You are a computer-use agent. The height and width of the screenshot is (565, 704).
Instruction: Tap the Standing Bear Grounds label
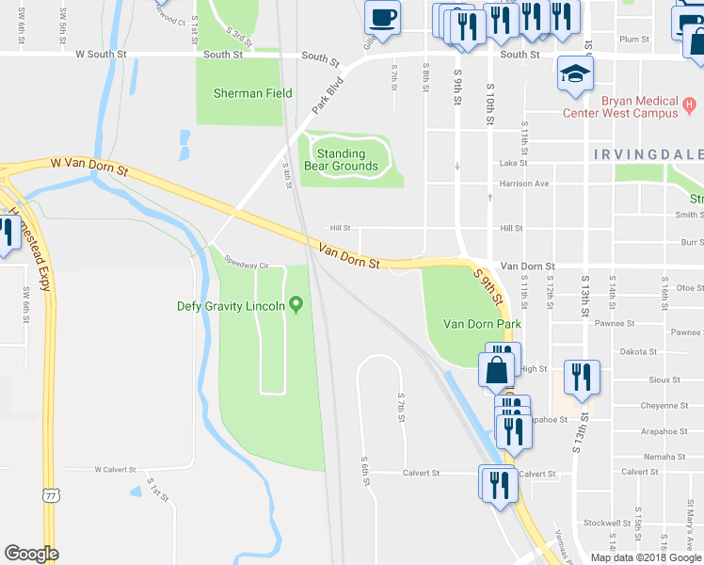pos(347,159)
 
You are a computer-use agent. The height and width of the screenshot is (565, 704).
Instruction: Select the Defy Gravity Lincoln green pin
pos(296,304)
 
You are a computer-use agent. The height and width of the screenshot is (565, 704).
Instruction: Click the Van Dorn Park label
pos(482,324)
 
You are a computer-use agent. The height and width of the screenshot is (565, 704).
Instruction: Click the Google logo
pos(31,554)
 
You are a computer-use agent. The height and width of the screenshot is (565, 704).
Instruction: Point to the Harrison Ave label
pos(524,184)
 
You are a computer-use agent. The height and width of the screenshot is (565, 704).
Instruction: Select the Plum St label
pos(635,39)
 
